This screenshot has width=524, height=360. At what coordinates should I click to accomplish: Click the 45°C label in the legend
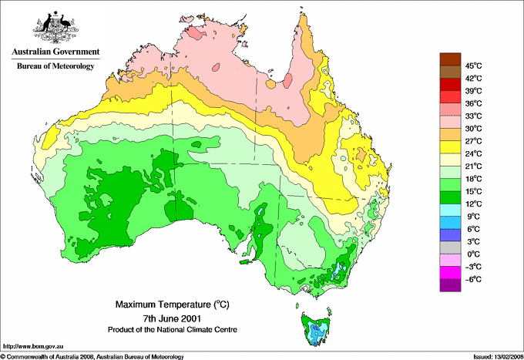[x=473, y=66]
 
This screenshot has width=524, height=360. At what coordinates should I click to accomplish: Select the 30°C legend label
[x=473, y=129]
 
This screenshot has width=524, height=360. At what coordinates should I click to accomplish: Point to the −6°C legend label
[x=472, y=279]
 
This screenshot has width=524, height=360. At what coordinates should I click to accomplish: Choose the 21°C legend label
[x=473, y=167]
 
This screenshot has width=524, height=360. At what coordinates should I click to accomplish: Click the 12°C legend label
[x=473, y=204]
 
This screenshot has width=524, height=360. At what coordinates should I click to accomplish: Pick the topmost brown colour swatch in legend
[x=448, y=59]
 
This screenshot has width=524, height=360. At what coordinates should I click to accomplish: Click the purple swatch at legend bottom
[x=448, y=285]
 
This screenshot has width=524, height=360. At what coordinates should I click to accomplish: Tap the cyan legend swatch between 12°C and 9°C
[x=448, y=210]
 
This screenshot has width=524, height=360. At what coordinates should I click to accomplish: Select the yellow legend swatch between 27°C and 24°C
[x=448, y=147]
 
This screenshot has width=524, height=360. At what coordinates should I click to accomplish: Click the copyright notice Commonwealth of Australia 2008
[x=92, y=356]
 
